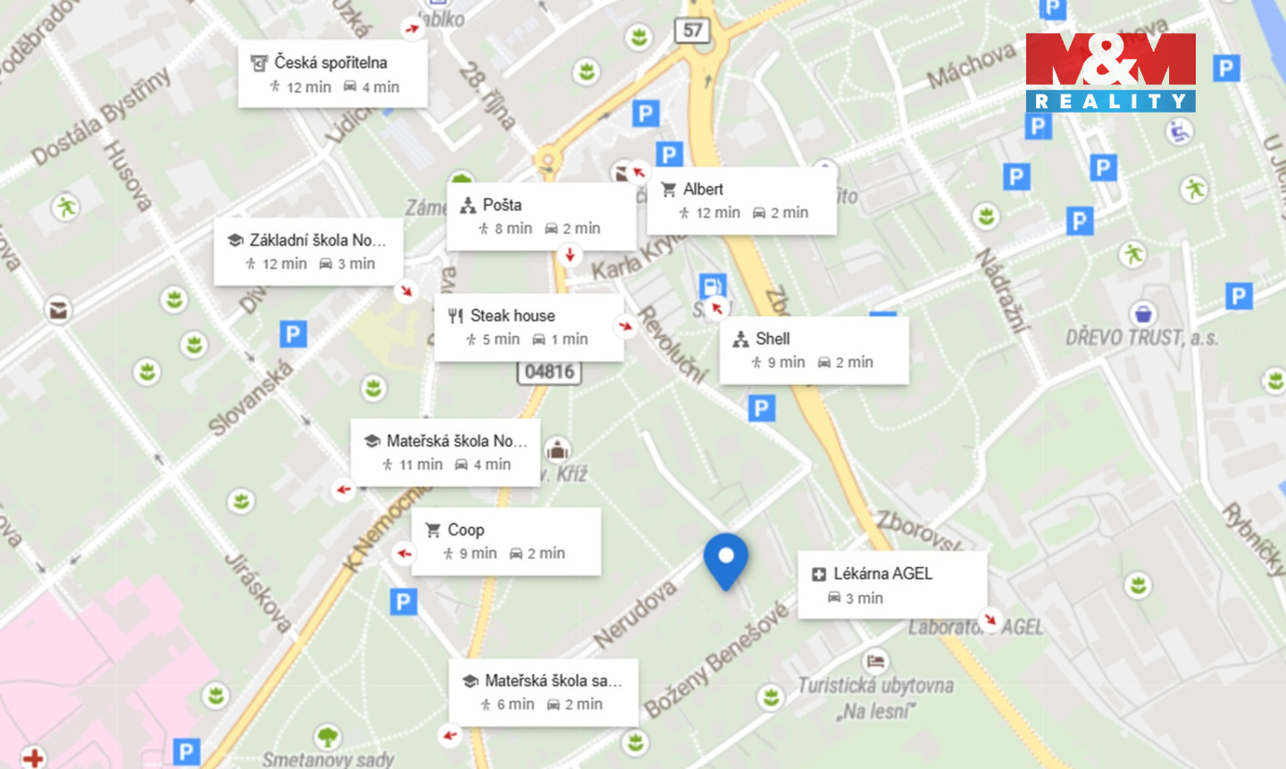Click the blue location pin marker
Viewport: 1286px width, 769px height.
point(725,558)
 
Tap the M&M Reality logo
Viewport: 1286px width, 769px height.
point(1110,72)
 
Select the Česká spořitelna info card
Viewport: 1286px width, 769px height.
point(332,74)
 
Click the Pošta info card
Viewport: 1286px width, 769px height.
point(540,216)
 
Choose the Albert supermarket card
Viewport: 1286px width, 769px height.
point(742,201)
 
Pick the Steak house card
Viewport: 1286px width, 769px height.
point(529,327)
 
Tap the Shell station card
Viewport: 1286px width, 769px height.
point(814,350)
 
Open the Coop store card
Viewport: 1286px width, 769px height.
point(505,541)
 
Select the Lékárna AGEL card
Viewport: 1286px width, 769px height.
point(892,585)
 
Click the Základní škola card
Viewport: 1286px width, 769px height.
point(308,252)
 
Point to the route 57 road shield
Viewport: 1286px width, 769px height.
point(692,30)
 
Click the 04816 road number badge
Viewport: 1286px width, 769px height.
point(548,372)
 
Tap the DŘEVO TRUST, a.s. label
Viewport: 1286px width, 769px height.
point(1141,338)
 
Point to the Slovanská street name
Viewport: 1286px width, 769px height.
point(250,398)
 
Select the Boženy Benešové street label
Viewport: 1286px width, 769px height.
point(717,660)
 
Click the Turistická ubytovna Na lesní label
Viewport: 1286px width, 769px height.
point(876,698)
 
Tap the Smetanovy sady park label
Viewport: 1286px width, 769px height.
point(328,759)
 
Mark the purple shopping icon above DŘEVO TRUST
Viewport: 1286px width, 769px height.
point(1143,313)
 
